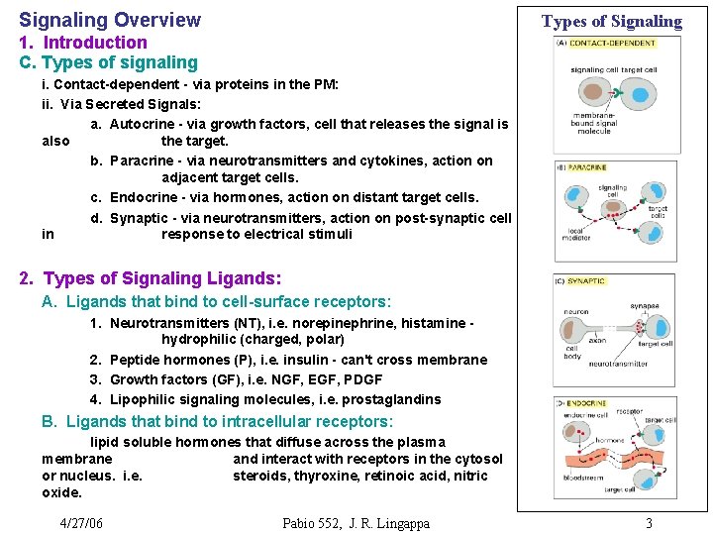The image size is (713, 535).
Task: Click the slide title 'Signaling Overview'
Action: (110, 20)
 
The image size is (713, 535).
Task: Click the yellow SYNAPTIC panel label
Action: (585, 281)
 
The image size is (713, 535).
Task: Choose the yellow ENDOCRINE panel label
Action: (585, 404)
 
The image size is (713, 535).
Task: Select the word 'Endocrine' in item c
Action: (145, 197)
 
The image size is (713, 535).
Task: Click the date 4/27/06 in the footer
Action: (81, 523)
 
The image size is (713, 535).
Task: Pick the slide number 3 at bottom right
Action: (649, 523)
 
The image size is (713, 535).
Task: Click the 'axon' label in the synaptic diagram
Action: (596, 339)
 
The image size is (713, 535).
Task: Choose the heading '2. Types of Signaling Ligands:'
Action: (151, 279)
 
